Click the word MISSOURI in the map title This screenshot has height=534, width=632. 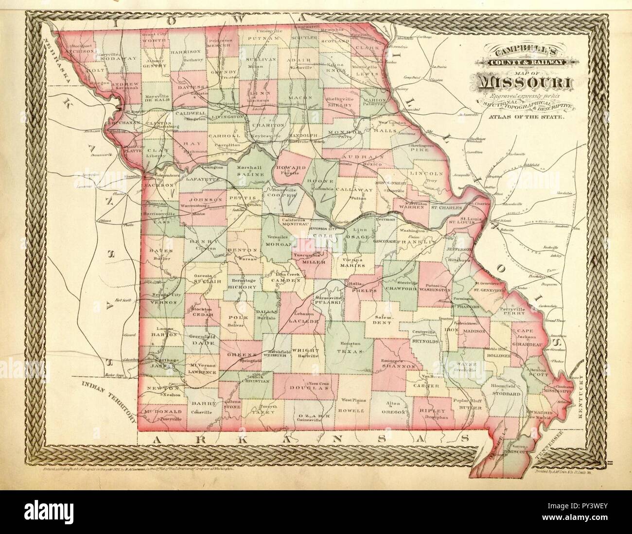[526, 83]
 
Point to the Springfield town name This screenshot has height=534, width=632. [237, 362]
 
